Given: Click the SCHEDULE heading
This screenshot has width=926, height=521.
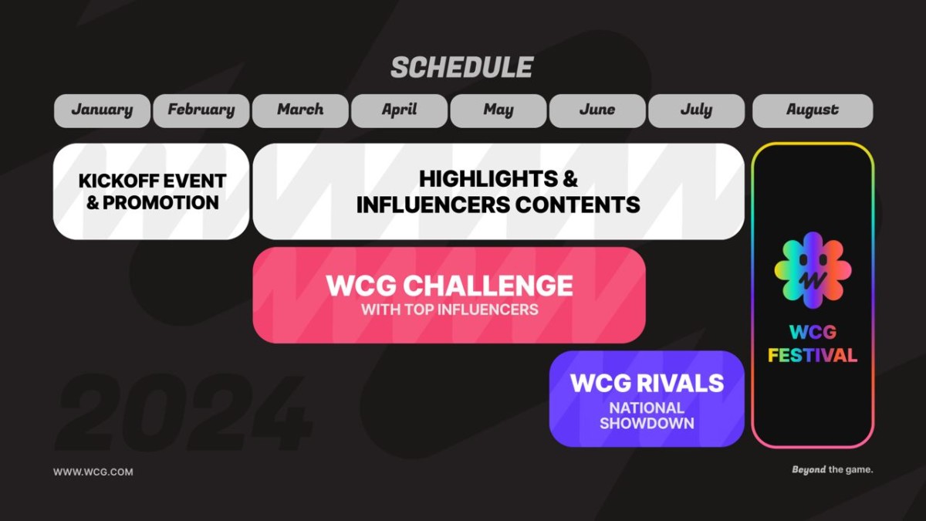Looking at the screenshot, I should pos(461,67).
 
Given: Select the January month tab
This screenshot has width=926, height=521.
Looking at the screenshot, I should pos(102,110).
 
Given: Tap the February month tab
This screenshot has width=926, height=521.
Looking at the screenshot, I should pos(201,110).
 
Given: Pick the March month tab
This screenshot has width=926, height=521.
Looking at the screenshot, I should pos(300,110).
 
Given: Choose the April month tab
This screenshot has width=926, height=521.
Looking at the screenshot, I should pos(399,110).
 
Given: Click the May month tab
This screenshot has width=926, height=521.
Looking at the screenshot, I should pos(498,110).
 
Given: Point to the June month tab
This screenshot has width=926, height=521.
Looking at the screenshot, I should pos(597,110).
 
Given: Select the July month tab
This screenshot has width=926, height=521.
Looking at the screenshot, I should pos(696,110).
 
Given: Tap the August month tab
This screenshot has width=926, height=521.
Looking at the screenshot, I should pos(813,110).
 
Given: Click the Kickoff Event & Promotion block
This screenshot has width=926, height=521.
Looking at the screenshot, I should pos(151,191).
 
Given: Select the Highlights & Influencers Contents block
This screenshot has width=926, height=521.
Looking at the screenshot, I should pos(498,191).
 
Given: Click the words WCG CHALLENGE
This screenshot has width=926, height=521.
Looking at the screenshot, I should pos(449,286).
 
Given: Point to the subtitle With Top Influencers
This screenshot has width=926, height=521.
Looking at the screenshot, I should pos(449,310).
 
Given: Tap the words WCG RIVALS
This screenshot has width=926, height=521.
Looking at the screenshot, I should pos(647,383).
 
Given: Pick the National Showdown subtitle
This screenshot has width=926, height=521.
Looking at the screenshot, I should pos(647,415).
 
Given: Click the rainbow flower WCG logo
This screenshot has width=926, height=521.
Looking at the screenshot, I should pos(813,269).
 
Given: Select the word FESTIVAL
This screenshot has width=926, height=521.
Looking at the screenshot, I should pos(813,356).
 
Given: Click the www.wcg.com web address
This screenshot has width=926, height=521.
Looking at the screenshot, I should pos(93,472).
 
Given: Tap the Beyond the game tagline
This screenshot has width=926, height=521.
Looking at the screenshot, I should pos(832,469).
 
